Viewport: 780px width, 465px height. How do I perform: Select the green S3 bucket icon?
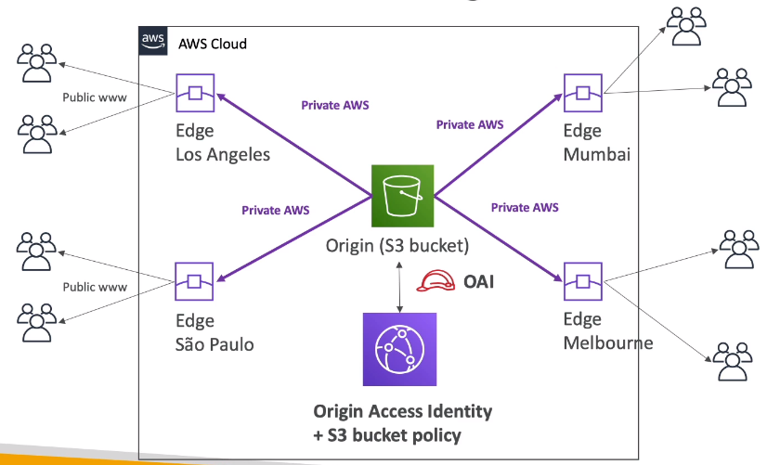402,196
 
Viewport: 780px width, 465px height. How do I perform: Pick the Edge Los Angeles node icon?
195,93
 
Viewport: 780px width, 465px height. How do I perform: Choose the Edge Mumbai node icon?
582,93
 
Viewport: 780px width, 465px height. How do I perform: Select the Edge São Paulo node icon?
195,281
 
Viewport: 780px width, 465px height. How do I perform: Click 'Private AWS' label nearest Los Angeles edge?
334,105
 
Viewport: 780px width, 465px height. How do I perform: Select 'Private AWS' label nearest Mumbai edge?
470,123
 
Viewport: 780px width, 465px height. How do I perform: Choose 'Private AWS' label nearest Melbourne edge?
525,207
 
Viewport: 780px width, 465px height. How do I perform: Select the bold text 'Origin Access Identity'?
402,411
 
